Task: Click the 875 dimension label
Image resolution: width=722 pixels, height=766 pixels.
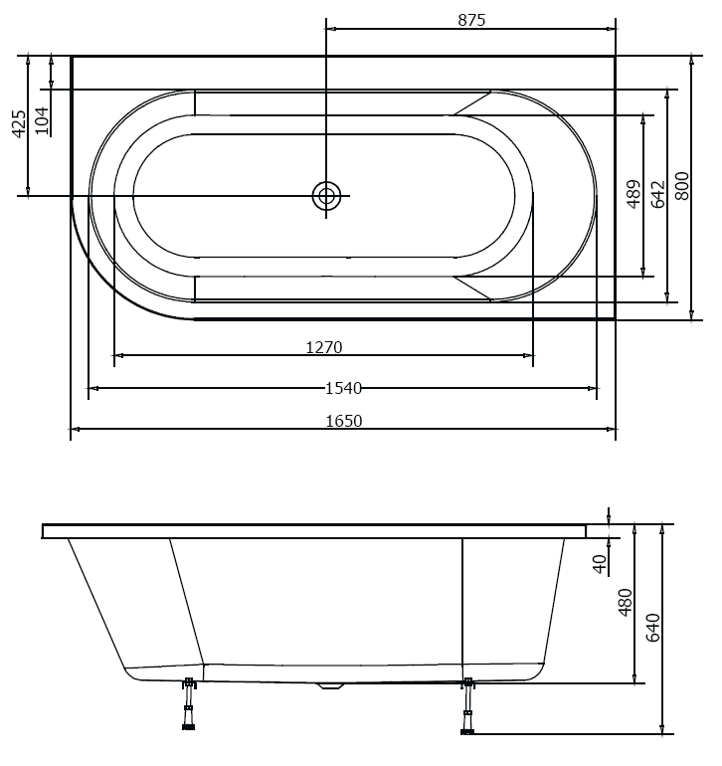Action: click(471, 20)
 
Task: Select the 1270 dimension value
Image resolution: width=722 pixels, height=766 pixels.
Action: click(324, 347)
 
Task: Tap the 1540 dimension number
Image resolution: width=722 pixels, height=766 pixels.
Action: click(343, 388)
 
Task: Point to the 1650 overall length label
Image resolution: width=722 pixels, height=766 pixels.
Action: click(344, 421)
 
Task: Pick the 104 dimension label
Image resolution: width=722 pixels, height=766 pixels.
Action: click(42, 119)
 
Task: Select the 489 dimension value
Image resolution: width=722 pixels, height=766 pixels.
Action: click(633, 194)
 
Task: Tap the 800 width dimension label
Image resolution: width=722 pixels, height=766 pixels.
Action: click(682, 186)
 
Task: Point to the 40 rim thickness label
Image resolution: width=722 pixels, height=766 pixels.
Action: click(599, 563)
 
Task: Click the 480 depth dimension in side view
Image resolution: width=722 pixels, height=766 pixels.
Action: click(625, 603)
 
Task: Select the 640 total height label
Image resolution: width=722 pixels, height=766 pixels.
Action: click(653, 629)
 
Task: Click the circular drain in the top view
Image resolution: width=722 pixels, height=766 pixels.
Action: click(326, 196)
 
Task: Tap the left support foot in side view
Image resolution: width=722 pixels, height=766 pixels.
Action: click(188, 706)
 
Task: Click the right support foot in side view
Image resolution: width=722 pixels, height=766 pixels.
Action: click(467, 707)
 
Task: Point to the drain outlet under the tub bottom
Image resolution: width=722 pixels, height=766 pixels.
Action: click(330, 685)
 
